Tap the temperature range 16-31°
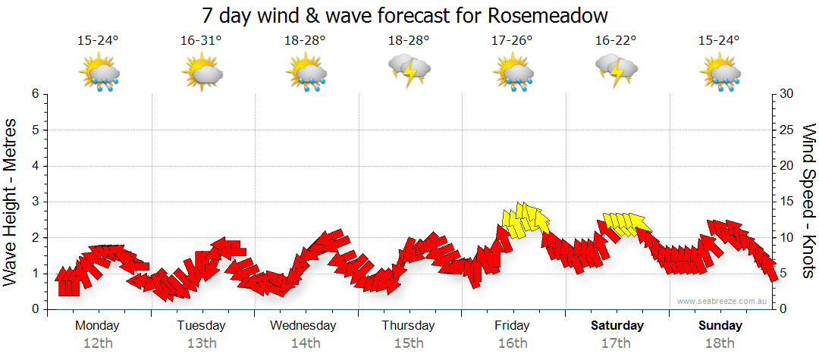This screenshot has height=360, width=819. tap(201, 41)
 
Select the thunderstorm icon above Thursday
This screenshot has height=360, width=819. tap(409, 70)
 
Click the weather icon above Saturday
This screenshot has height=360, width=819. tap(616, 70)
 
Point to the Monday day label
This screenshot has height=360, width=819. tap(97, 326)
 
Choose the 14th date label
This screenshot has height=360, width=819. tap(305, 343)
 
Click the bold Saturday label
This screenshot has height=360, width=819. tap(617, 326)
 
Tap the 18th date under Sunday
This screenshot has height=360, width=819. tap(720, 343)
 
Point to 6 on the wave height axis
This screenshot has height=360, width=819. tap(35, 94)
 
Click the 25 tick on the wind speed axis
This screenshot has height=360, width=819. tap(786, 130)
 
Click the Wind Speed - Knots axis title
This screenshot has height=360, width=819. tap(808, 201)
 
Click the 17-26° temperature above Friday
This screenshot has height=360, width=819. tap(512, 41)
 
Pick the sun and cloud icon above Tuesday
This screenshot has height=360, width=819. tap(202, 74)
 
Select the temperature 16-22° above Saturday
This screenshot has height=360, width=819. tap(616, 41)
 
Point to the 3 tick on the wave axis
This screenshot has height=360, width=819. tap(35, 202)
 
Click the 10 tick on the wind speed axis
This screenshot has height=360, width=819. tap(786, 238)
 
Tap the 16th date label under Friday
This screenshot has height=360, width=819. tap(513, 343)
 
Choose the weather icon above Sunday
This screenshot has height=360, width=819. tap(720, 74)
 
